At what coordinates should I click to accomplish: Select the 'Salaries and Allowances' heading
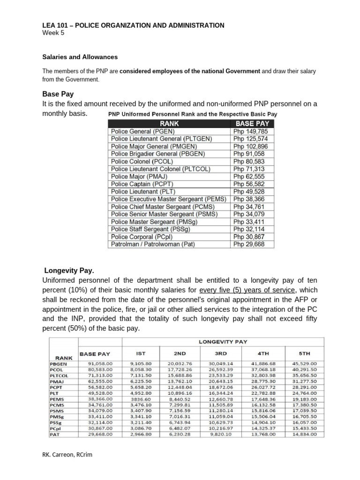click(80, 57)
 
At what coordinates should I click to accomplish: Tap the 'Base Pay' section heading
click(58, 94)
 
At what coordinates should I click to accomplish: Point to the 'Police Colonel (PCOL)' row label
click(141, 162)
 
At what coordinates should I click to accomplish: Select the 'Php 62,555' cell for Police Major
click(248, 177)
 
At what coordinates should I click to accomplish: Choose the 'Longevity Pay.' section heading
click(69, 270)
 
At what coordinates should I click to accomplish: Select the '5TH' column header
click(305, 353)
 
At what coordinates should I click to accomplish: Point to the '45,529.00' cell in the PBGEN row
click(305, 363)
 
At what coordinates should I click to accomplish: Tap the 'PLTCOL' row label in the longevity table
click(59, 375)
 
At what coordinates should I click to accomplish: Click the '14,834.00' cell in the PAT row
click(305, 435)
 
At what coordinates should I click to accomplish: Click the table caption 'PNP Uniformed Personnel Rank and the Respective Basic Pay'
click(193, 114)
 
